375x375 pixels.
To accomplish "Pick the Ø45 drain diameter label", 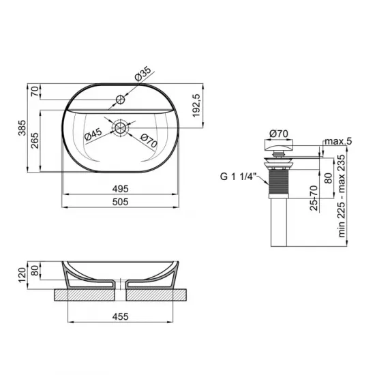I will click(x=93, y=134).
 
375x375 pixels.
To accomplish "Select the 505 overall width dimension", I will click(x=121, y=201).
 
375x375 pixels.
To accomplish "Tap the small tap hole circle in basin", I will click(x=122, y=99).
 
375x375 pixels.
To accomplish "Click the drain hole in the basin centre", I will click(x=121, y=127).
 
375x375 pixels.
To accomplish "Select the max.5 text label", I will click(x=338, y=141).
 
